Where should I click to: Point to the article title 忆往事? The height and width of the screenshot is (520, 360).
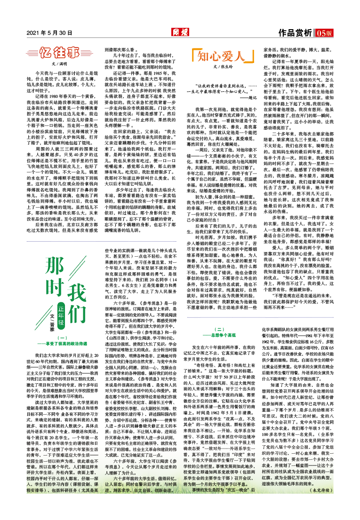59,52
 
